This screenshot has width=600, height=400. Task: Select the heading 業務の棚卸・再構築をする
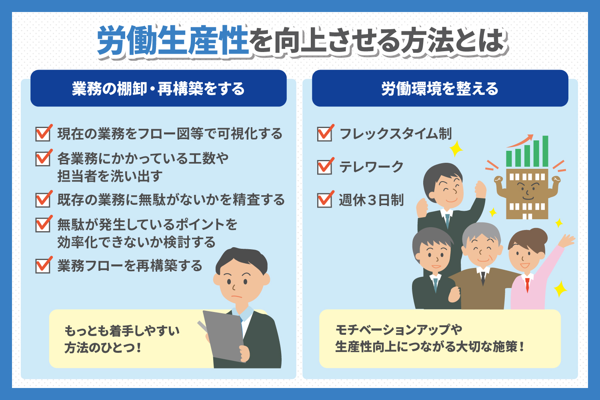158,89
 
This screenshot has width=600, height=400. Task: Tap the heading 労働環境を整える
440,89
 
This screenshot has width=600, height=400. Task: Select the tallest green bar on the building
545,151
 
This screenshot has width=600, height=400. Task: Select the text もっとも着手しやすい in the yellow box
122,331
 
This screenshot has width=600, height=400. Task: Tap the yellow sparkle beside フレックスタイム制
456,148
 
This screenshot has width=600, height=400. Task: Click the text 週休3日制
371,200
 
